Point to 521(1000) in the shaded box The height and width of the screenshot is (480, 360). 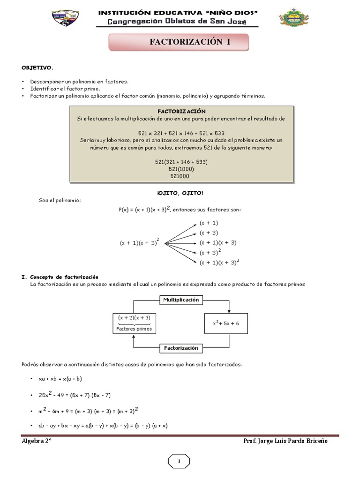click(181, 169)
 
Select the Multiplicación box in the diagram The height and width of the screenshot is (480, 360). click(181, 300)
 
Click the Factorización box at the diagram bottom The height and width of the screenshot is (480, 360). click(181, 348)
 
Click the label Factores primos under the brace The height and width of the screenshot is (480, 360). click(135, 329)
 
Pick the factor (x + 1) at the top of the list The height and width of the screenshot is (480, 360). click(209, 223)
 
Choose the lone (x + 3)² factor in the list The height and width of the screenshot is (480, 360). click(210, 252)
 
